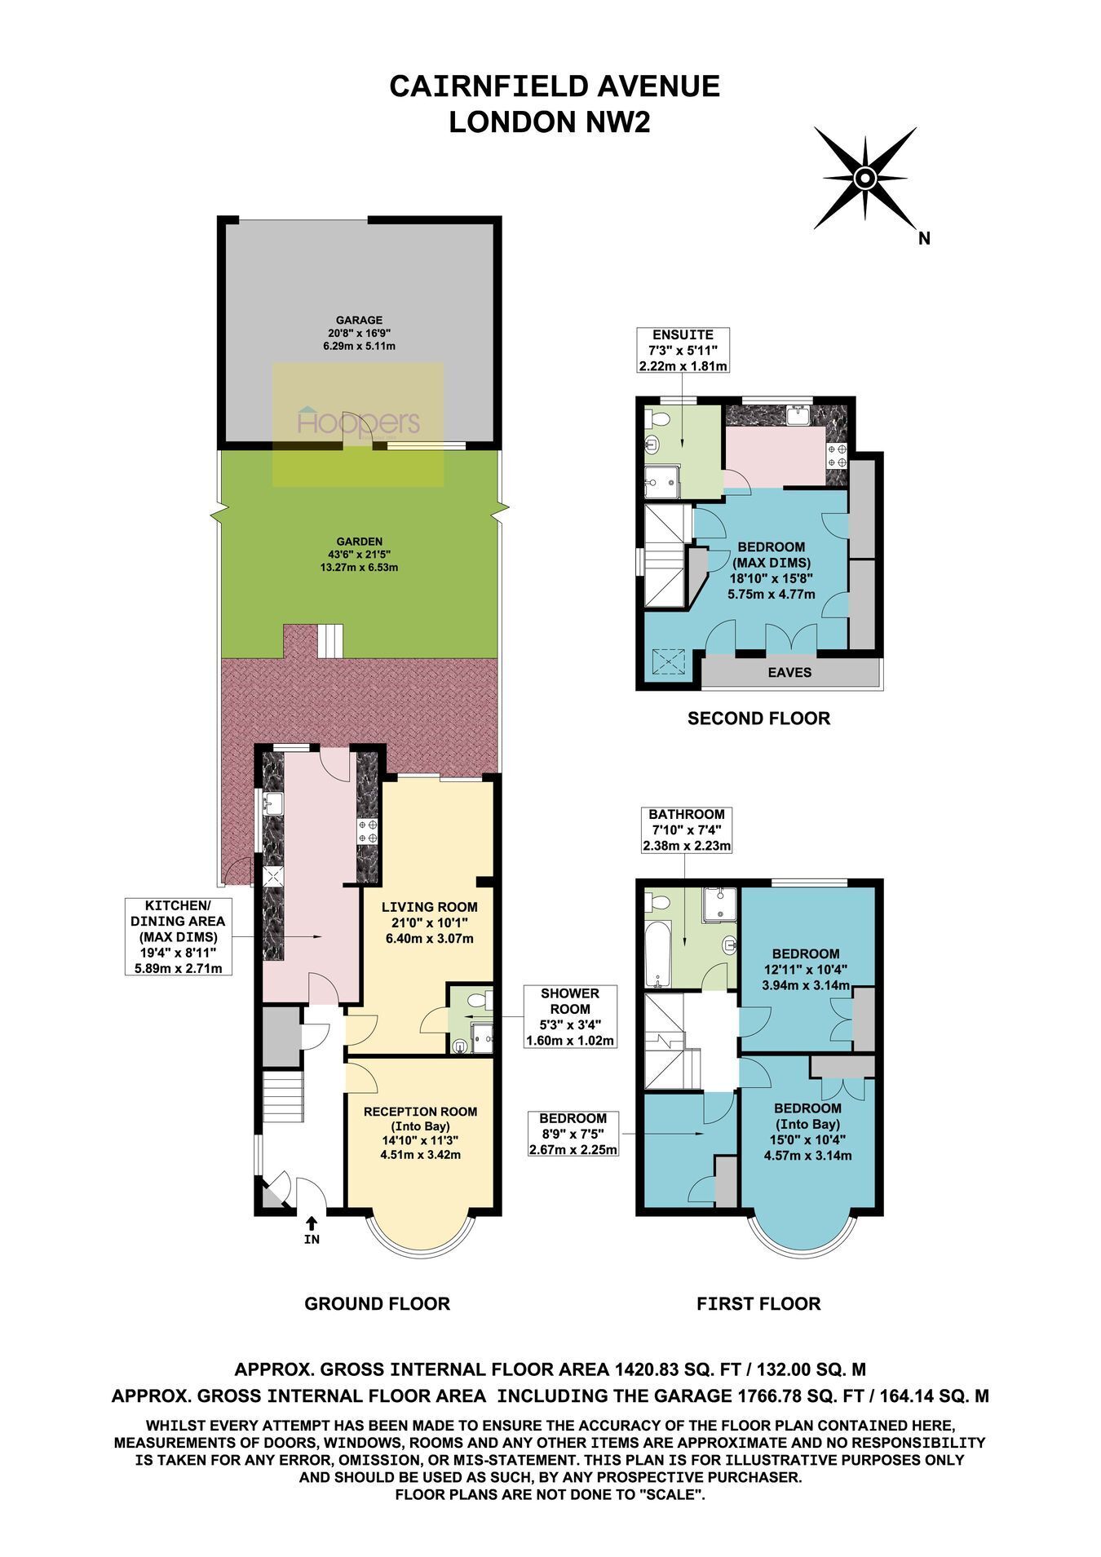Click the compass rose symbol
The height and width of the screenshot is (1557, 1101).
pos(864,178)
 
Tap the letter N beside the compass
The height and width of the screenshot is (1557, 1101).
pos(924,239)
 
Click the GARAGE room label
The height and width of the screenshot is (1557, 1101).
pos(359,321)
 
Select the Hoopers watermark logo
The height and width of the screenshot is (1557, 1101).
pos(359,422)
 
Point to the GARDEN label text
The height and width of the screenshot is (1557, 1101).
pos(360,541)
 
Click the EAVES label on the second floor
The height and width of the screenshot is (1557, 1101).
pos(789,672)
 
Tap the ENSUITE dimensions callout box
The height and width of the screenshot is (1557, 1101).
pos(683,351)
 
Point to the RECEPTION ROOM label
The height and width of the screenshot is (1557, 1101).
pos(420,1112)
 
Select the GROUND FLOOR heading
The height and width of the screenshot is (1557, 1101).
pos(378,1303)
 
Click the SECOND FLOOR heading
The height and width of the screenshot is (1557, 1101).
pos(758,719)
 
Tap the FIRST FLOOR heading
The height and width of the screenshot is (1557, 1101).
pos(758,1303)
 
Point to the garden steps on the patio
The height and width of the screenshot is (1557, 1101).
pos(331,641)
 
